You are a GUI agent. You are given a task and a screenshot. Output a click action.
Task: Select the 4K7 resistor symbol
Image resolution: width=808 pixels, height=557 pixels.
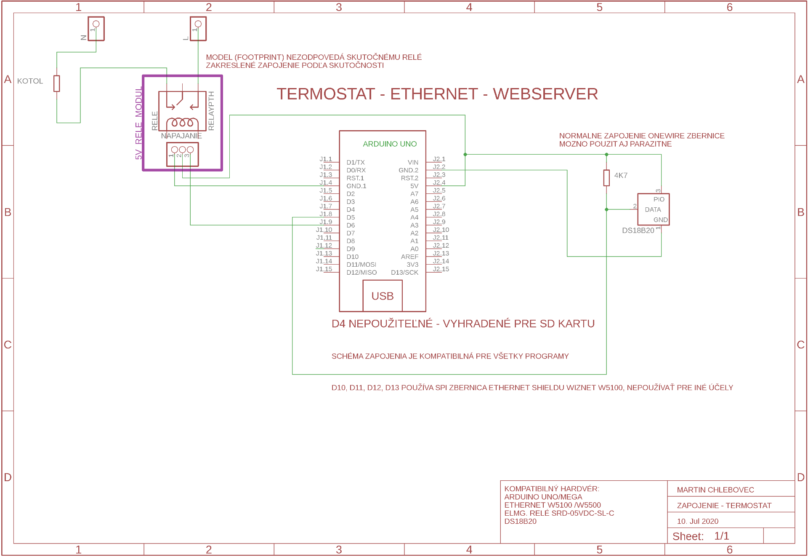[x=606, y=178]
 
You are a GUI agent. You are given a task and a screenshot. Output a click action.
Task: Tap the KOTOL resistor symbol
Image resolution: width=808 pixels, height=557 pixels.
[x=57, y=83]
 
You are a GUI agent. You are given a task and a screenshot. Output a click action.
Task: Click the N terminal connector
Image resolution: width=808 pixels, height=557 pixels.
[x=96, y=29]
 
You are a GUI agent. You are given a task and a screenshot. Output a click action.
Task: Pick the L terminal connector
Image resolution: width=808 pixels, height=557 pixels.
[x=198, y=29]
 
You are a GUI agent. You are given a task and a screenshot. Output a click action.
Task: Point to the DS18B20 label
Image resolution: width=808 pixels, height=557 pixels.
[x=638, y=230]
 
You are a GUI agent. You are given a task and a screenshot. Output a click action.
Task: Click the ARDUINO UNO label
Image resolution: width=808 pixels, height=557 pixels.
[x=390, y=144]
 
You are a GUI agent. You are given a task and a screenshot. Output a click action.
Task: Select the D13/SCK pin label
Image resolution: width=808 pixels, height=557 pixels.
[x=404, y=273]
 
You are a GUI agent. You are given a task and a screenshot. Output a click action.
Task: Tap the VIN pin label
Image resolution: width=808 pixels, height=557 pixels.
[x=413, y=162]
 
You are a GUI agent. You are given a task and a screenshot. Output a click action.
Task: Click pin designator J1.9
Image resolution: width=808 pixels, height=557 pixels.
[x=326, y=222]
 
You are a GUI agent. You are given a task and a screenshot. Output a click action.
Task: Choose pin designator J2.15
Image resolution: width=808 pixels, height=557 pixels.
[x=441, y=269]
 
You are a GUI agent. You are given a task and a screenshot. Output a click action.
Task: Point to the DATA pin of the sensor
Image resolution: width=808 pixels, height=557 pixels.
[x=653, y=209]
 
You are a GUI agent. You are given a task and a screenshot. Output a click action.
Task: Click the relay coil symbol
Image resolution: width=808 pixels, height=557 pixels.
[x=182, y=122]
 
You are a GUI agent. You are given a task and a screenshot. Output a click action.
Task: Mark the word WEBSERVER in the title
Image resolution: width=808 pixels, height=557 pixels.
[x=545, y=94]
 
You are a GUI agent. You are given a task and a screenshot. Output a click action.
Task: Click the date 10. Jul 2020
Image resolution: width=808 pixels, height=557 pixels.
[x=697, y=521]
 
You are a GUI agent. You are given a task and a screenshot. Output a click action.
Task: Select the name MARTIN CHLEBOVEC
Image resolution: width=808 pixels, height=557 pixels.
[x=715, y=490]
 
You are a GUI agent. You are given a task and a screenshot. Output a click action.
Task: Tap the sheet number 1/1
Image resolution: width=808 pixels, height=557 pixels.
[x=721, y=536]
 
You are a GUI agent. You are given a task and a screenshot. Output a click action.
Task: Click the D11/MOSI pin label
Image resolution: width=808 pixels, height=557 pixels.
[x=361, y=265]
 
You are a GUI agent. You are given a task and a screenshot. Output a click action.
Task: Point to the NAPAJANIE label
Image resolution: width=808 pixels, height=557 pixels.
[x=181, y=136]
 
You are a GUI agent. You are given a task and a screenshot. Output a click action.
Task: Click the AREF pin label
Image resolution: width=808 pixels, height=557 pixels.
[x=409, y=257]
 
